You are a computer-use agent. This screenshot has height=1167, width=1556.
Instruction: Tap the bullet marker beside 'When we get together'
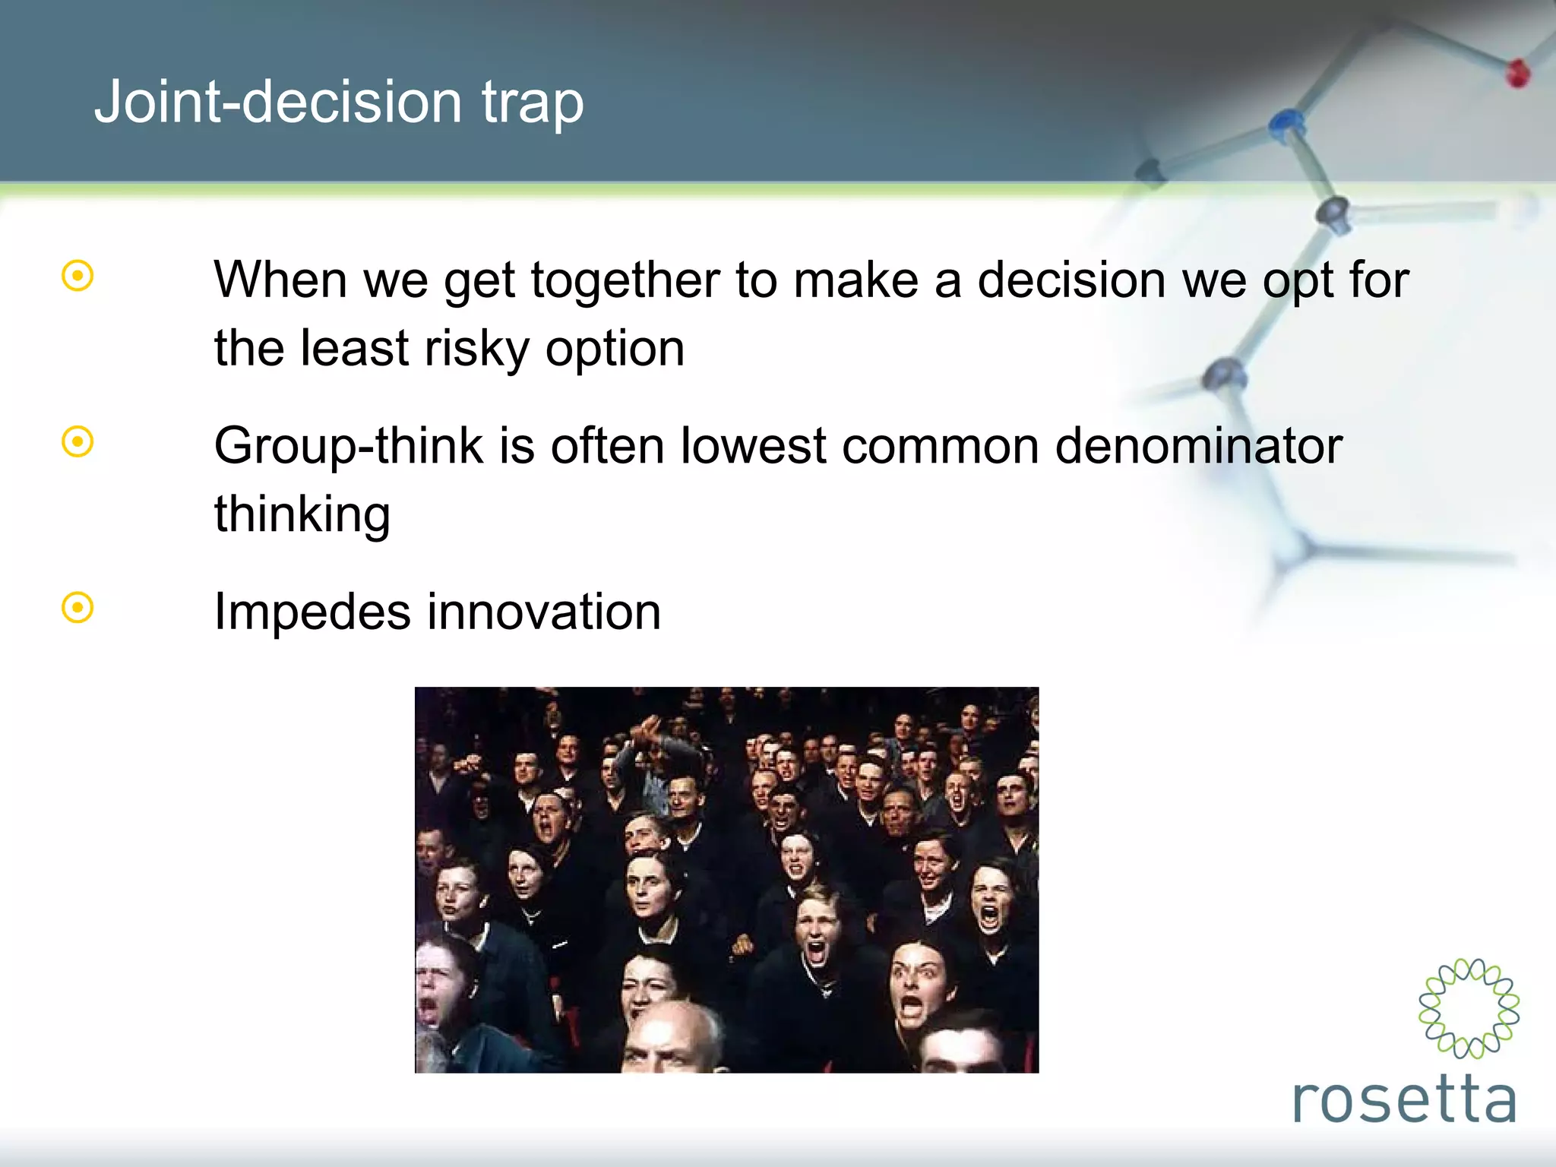tap(77, 276)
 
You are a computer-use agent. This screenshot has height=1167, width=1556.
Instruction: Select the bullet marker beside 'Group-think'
tap(77, 441)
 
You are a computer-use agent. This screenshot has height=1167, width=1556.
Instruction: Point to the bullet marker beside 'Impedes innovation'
tap(77, 608)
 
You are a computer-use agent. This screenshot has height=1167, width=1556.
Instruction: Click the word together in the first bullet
tap(625, 281)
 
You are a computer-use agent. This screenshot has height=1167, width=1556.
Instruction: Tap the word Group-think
tap(349, 446)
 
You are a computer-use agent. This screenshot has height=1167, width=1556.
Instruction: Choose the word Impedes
tap(312, 612)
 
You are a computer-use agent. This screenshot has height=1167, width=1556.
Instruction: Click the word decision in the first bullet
tap(1071, 280)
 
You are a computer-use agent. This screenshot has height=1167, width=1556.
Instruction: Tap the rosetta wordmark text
tap(1404, 1099)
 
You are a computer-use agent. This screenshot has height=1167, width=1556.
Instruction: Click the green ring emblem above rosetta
tap(1469, 1007)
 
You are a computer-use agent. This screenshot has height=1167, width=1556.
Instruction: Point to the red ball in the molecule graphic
tap(1518, 74)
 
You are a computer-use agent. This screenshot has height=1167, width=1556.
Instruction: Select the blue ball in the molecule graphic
tap(1286, 123)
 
